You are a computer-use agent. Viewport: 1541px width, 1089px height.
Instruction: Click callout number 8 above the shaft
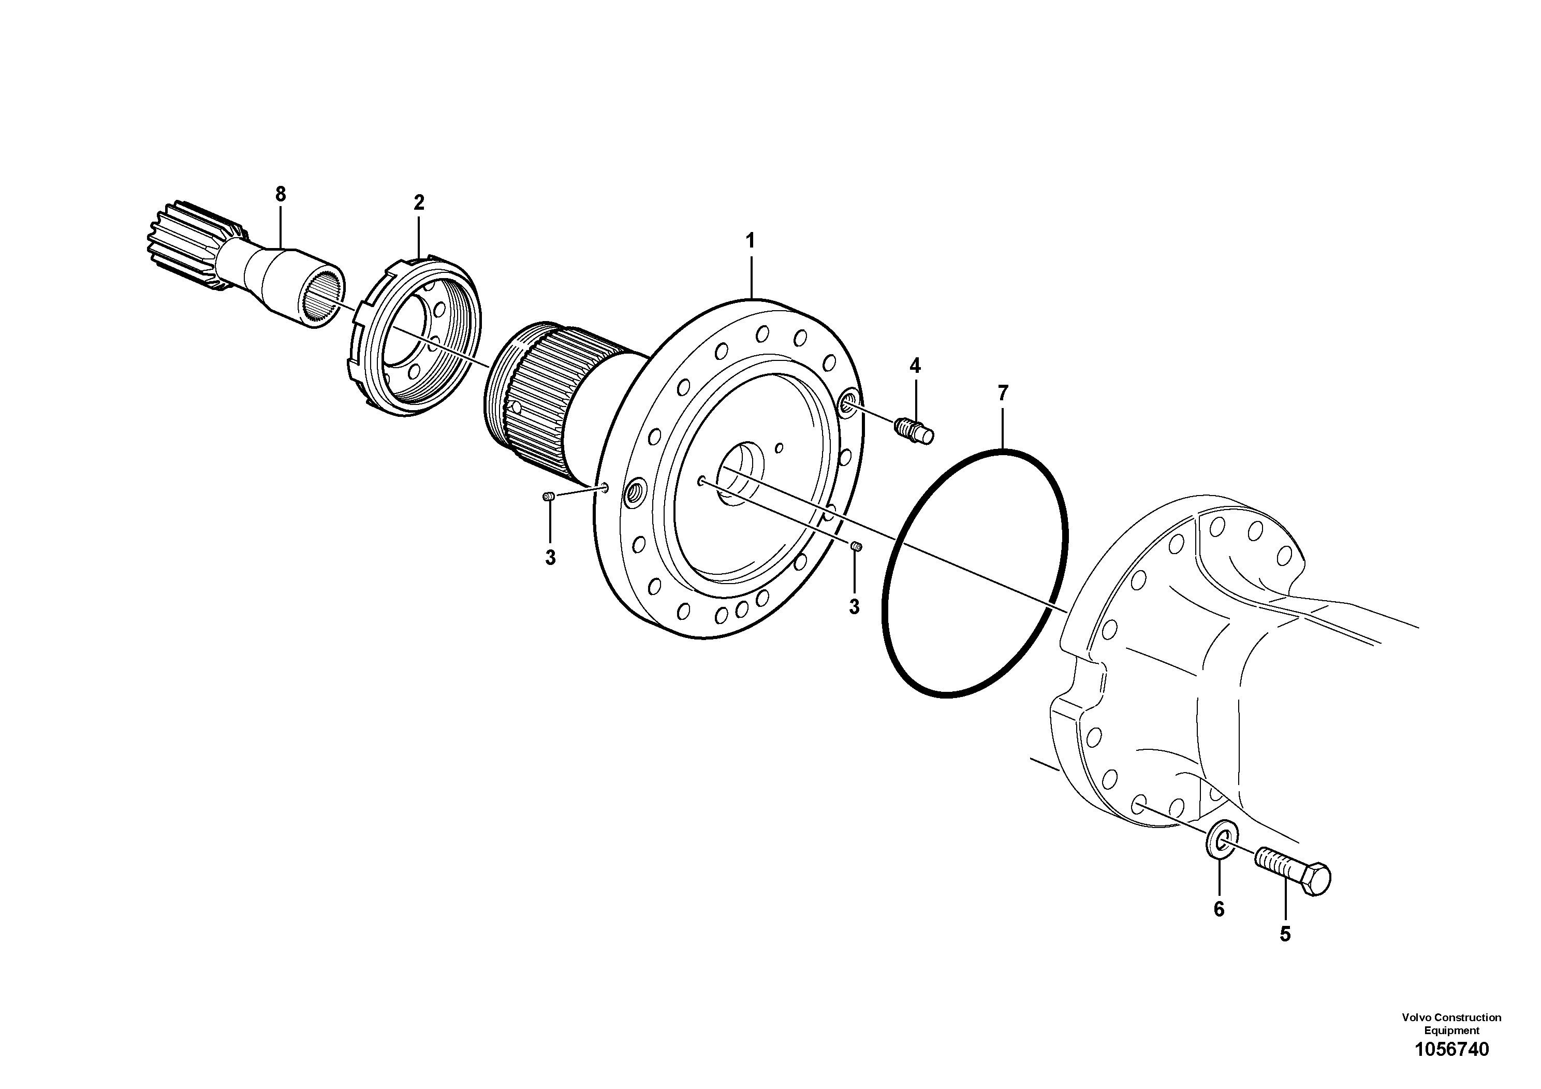[x=281, y=194]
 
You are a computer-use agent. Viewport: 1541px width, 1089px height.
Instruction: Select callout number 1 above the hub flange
[x=751, y=240]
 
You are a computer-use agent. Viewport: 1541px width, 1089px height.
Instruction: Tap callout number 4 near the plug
[x=915, y=366]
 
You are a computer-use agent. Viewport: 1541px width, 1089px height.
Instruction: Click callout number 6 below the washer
[x=1219, y=909]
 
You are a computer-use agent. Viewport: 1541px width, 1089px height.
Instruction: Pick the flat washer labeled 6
[x=1221, y=847]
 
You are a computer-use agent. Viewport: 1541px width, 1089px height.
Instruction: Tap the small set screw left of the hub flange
[x=548, y=496]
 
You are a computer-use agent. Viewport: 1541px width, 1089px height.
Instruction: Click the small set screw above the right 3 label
[x=856, y=546]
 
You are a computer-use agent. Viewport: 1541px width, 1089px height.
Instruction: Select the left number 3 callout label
[x=550, y=557]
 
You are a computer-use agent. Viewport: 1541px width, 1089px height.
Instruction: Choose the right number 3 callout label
[x=854, y=607]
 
